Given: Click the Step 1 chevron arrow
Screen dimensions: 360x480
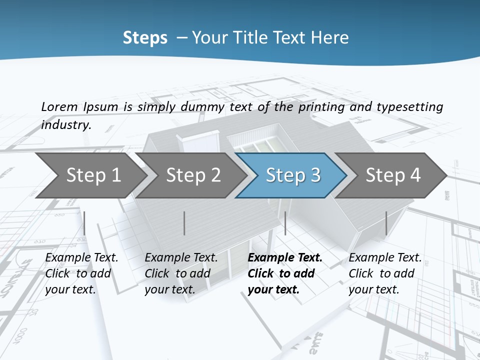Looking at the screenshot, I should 93,175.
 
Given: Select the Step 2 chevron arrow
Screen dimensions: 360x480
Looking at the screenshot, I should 193,175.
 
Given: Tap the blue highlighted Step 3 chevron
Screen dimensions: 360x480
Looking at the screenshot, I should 293,175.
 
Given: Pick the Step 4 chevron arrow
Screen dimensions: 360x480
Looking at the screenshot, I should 393,175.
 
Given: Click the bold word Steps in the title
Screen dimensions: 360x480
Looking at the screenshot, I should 145,37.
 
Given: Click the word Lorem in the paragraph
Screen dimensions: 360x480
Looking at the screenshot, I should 59,106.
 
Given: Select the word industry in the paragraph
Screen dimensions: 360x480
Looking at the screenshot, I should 66,124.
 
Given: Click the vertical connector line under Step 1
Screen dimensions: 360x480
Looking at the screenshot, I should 84,223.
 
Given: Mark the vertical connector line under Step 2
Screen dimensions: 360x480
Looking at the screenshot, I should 184,223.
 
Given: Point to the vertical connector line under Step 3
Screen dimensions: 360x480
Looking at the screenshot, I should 285,223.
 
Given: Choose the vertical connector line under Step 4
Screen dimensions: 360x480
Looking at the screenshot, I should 386,223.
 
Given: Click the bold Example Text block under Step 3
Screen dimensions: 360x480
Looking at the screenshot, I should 285,273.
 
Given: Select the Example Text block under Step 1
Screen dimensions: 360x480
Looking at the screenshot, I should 81,273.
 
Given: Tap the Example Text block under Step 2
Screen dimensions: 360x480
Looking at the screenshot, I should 181,273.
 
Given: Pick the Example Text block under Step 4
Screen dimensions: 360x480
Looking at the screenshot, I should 385,273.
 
